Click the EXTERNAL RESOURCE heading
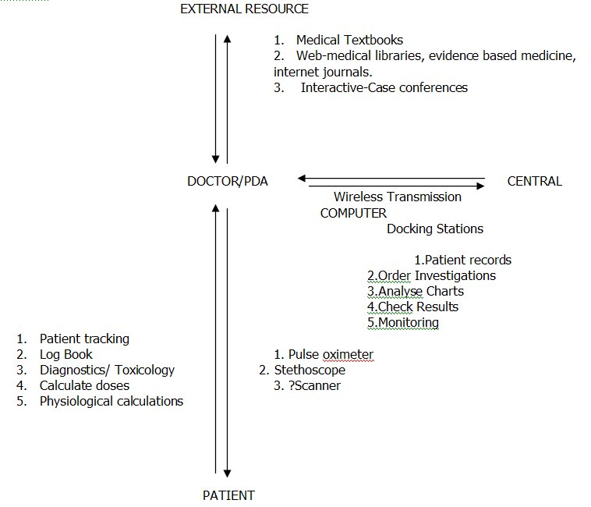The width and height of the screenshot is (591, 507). [244, 9]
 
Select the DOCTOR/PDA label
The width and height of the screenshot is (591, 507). [228, 181]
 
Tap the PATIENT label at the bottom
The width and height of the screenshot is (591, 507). [228, 495]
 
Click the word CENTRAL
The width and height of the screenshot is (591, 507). [534, 181]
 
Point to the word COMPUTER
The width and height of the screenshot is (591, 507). [353, 214]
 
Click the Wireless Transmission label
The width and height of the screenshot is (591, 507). [398, 197]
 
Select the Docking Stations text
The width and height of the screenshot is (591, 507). [435, 229]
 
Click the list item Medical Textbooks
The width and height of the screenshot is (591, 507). [349, 40]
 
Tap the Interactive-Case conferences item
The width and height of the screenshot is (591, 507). [384, 88]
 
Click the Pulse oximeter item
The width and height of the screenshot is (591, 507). [331, 354]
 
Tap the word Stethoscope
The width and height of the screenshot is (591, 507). [310, 370]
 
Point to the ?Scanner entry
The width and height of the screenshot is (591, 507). [314, 385]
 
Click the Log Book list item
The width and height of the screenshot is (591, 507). [66, 354]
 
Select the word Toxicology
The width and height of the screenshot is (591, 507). [144, 370]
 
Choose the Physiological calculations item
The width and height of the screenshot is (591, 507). [111, 402]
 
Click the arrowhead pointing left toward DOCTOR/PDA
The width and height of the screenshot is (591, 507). [302, 179]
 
